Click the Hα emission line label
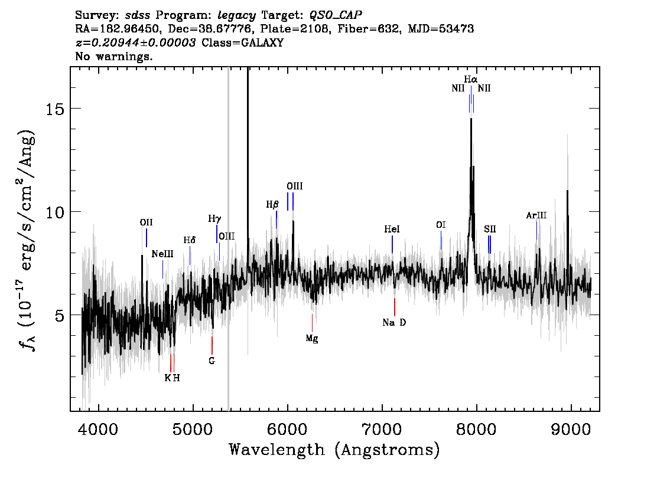pyautogui.click(x=470, y=80)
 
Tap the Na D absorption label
pyautogui.click(x=394, y=323)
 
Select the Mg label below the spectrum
pyautogui.click(x=312, y=339)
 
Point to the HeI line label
pyautogui.click(x=392, y=230)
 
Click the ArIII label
pyautogui.click(x=536, y=215)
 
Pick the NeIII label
pyautogui.click(x=162, y=254)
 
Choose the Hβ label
pyautogui.click(x=272, y=204)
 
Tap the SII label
pyautogui.click(x=490, y=230)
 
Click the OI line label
pyautogui.click(x=441, y=225)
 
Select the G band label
pyautogui.click(x=212, y=361)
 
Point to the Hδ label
pyautogui.click(x=189, y=240)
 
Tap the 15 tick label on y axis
pyautogui.click(x=55, y=109)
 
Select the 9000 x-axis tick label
pyautogui.click(x=571, y=430)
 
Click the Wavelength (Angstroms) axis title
pyautogui.click(x=334, y=450)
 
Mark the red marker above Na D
pyautogui.click(x=395, y=307)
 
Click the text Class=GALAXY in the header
pyautogui.click(x=243, y=42)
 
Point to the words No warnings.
pyautogui.click(x=113, y=56)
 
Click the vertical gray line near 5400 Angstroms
pyautogui.click(x=229, y=239)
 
